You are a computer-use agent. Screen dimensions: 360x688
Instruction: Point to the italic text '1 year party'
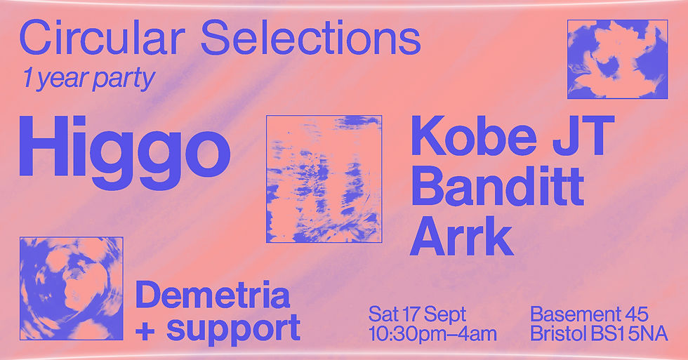pos(88,79)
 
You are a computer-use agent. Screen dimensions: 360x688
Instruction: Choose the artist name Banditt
pos(497,187)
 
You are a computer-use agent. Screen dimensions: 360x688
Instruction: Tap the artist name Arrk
pos(461,236)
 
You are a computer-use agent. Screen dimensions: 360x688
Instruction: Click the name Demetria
pos(213,295)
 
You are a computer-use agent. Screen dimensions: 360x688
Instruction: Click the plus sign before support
pos(145,328)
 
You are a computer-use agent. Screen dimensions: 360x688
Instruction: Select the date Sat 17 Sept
pos(417,313)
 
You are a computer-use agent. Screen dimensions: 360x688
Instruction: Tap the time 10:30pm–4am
pos(432,333)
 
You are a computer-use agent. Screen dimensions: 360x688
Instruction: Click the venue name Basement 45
pos(588,313)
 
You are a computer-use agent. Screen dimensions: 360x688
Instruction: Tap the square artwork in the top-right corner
pos(617,58)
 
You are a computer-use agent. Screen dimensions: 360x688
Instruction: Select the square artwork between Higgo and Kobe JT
pos(324,179)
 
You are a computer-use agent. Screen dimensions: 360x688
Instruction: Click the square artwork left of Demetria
pos(71,288)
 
